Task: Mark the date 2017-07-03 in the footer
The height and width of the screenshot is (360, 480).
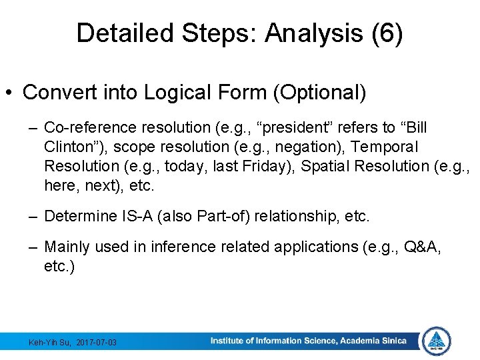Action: point(96,343)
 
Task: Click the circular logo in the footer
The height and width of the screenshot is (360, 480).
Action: point(437,341)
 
